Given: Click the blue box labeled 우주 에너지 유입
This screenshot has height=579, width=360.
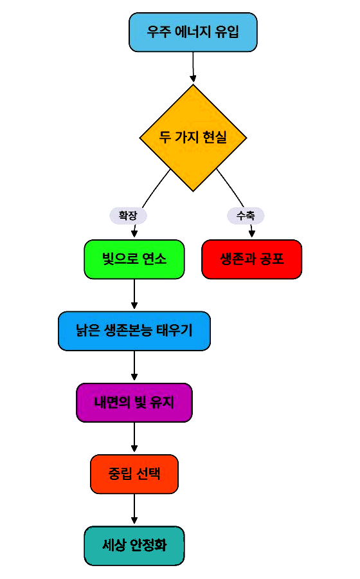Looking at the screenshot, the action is click(193, 32).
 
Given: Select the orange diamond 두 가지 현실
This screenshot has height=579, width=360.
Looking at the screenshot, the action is click(193, 138).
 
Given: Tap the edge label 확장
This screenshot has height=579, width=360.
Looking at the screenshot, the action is click(128, 216).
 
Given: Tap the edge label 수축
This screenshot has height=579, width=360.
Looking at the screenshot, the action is click(246, 216).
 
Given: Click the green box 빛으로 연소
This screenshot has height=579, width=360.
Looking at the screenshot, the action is click(134, 259).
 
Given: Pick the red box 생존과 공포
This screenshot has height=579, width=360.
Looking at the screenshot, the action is click(252, 259).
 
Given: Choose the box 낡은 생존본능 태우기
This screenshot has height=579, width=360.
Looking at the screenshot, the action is click(134, 331).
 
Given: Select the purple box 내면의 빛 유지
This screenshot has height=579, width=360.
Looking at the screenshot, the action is click(134, 403).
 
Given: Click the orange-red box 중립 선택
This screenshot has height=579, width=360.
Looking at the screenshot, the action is click(134, 474).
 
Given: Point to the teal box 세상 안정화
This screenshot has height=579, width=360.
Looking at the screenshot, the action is click(134, 546).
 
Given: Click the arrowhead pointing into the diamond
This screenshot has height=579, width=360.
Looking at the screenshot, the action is click(193, 78).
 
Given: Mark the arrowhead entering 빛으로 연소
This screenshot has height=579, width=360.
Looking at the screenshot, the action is click(134, 234).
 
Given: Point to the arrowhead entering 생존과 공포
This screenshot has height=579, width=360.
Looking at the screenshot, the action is click(252, 234).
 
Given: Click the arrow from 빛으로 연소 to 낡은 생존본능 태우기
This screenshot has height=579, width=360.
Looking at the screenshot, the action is click(134, 294).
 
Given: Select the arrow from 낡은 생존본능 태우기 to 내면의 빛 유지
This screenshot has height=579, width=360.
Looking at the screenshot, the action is click(134, 365).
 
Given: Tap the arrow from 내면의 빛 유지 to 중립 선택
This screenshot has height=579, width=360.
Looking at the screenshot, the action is click(134, 437).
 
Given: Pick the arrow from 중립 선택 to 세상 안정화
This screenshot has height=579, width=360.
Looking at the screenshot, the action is click(134, 509).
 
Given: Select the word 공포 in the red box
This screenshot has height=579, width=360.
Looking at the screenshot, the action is click(272, 259).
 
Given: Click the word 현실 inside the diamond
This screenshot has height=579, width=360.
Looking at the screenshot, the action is click(215, 138).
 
